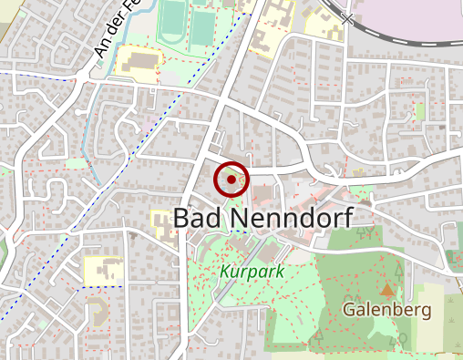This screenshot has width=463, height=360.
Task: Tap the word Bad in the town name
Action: pyautogui.click(x=192, y=218)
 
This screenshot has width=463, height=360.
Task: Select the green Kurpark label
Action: pyautogui.click(x=252, y=272)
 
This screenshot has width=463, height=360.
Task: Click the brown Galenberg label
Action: pyautogui.click(x=386, y=310)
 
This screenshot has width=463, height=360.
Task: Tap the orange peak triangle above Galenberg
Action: pyautogui.click(x=388, y=291)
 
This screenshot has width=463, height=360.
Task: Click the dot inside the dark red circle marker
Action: pyautogui.click(x=231, y=180)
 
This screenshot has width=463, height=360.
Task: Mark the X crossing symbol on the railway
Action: pyautogui.click(x=347, y=17)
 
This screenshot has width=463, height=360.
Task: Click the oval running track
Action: pyautogui.click(x=170, y=24)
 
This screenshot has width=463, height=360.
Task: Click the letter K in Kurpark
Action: pyautogui.click(x=224, y=272)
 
